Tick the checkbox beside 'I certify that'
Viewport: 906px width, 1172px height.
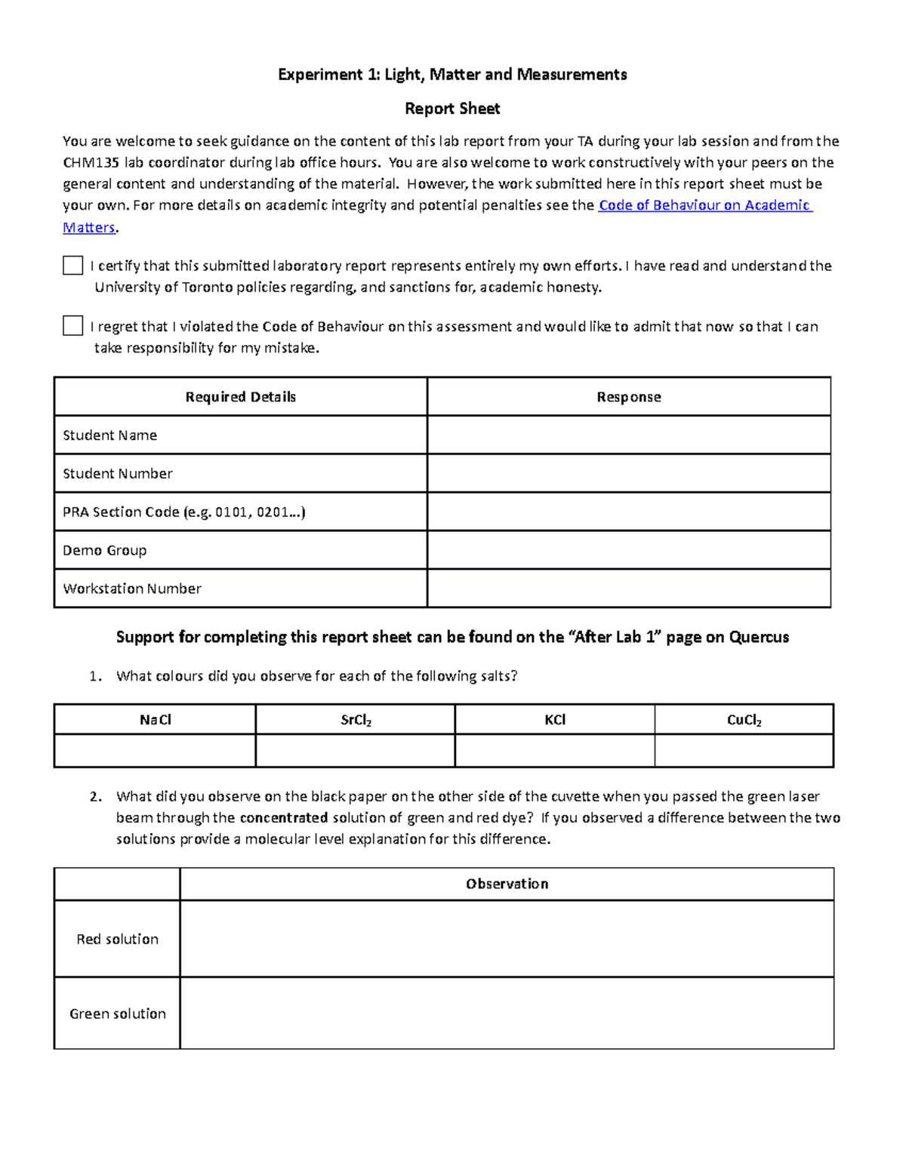pos(72,266)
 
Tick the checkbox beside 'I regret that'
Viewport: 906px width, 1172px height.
pos(72,326)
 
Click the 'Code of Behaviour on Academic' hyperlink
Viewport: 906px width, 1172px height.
pos(704,205)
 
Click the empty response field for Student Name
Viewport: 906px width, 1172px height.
pos(629,435)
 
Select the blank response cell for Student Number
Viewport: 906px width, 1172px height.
pos(629,473)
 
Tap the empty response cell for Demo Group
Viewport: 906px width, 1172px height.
pos(629,550)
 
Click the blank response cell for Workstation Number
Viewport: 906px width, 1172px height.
pos(629,589)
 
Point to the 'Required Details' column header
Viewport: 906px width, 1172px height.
pos(240,397)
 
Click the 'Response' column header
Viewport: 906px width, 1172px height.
pos(629,397)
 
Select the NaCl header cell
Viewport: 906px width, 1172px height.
pos(156,720)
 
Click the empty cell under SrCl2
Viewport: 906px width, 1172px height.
pos(356,751)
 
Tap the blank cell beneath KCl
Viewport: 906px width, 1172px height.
pos(555,751)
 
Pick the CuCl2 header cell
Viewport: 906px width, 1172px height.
pos(744,720)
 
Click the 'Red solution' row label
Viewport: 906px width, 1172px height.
pos(118,939)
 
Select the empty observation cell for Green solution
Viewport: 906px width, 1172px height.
pos(507,1014)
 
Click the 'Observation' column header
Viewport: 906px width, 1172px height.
pos(507,884)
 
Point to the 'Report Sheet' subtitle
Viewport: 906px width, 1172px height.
pos(452,109)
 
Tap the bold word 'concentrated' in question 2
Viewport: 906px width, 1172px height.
pos(283,818)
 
